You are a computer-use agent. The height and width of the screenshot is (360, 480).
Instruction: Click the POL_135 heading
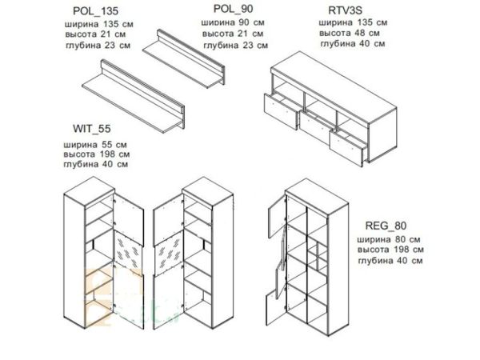(x=95, y=11)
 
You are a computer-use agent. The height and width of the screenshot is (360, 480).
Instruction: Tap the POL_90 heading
(x=234, y=9)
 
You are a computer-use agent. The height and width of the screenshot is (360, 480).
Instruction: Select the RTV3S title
(x=345, y=10)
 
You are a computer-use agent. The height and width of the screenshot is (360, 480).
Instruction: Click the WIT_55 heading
(x=91, y=129)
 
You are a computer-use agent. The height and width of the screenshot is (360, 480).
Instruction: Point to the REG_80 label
(x=386, y=226)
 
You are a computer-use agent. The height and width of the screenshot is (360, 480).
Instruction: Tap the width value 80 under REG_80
(x=402, y=239)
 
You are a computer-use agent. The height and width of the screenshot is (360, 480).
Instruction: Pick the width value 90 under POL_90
(x=246, y=22)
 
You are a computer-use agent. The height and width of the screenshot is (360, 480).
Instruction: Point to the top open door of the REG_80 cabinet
(x=277, y=217)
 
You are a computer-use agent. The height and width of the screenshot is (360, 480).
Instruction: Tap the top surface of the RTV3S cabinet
(x=334, y=87)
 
